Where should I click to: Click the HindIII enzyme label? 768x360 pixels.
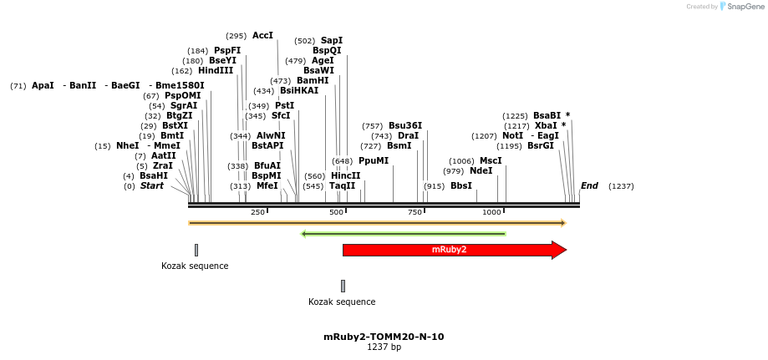[x=216, y=71]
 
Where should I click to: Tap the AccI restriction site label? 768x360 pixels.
[x=262, y=36]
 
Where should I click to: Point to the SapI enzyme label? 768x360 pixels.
[x=332, y=40]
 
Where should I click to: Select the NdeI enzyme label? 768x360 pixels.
[x=481, y=170]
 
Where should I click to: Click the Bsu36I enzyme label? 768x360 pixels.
[x=405, y=125]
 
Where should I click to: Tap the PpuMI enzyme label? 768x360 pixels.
[x=374, y=160]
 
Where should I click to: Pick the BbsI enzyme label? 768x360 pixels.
[x=460, y=185]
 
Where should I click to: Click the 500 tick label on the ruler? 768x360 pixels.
[x=336, y=213]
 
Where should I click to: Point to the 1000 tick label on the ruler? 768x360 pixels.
[x=491, y=213]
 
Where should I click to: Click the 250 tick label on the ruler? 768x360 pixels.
[x=257, y=213]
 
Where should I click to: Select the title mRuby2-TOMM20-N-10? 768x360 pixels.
[x=384, y=337]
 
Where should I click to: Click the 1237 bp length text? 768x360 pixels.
[x=384, y=347]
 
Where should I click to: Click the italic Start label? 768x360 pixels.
[x=152, y=185]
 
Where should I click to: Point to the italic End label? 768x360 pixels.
[x=589, y=185]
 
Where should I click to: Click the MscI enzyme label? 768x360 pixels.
[x=491, y=160]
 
